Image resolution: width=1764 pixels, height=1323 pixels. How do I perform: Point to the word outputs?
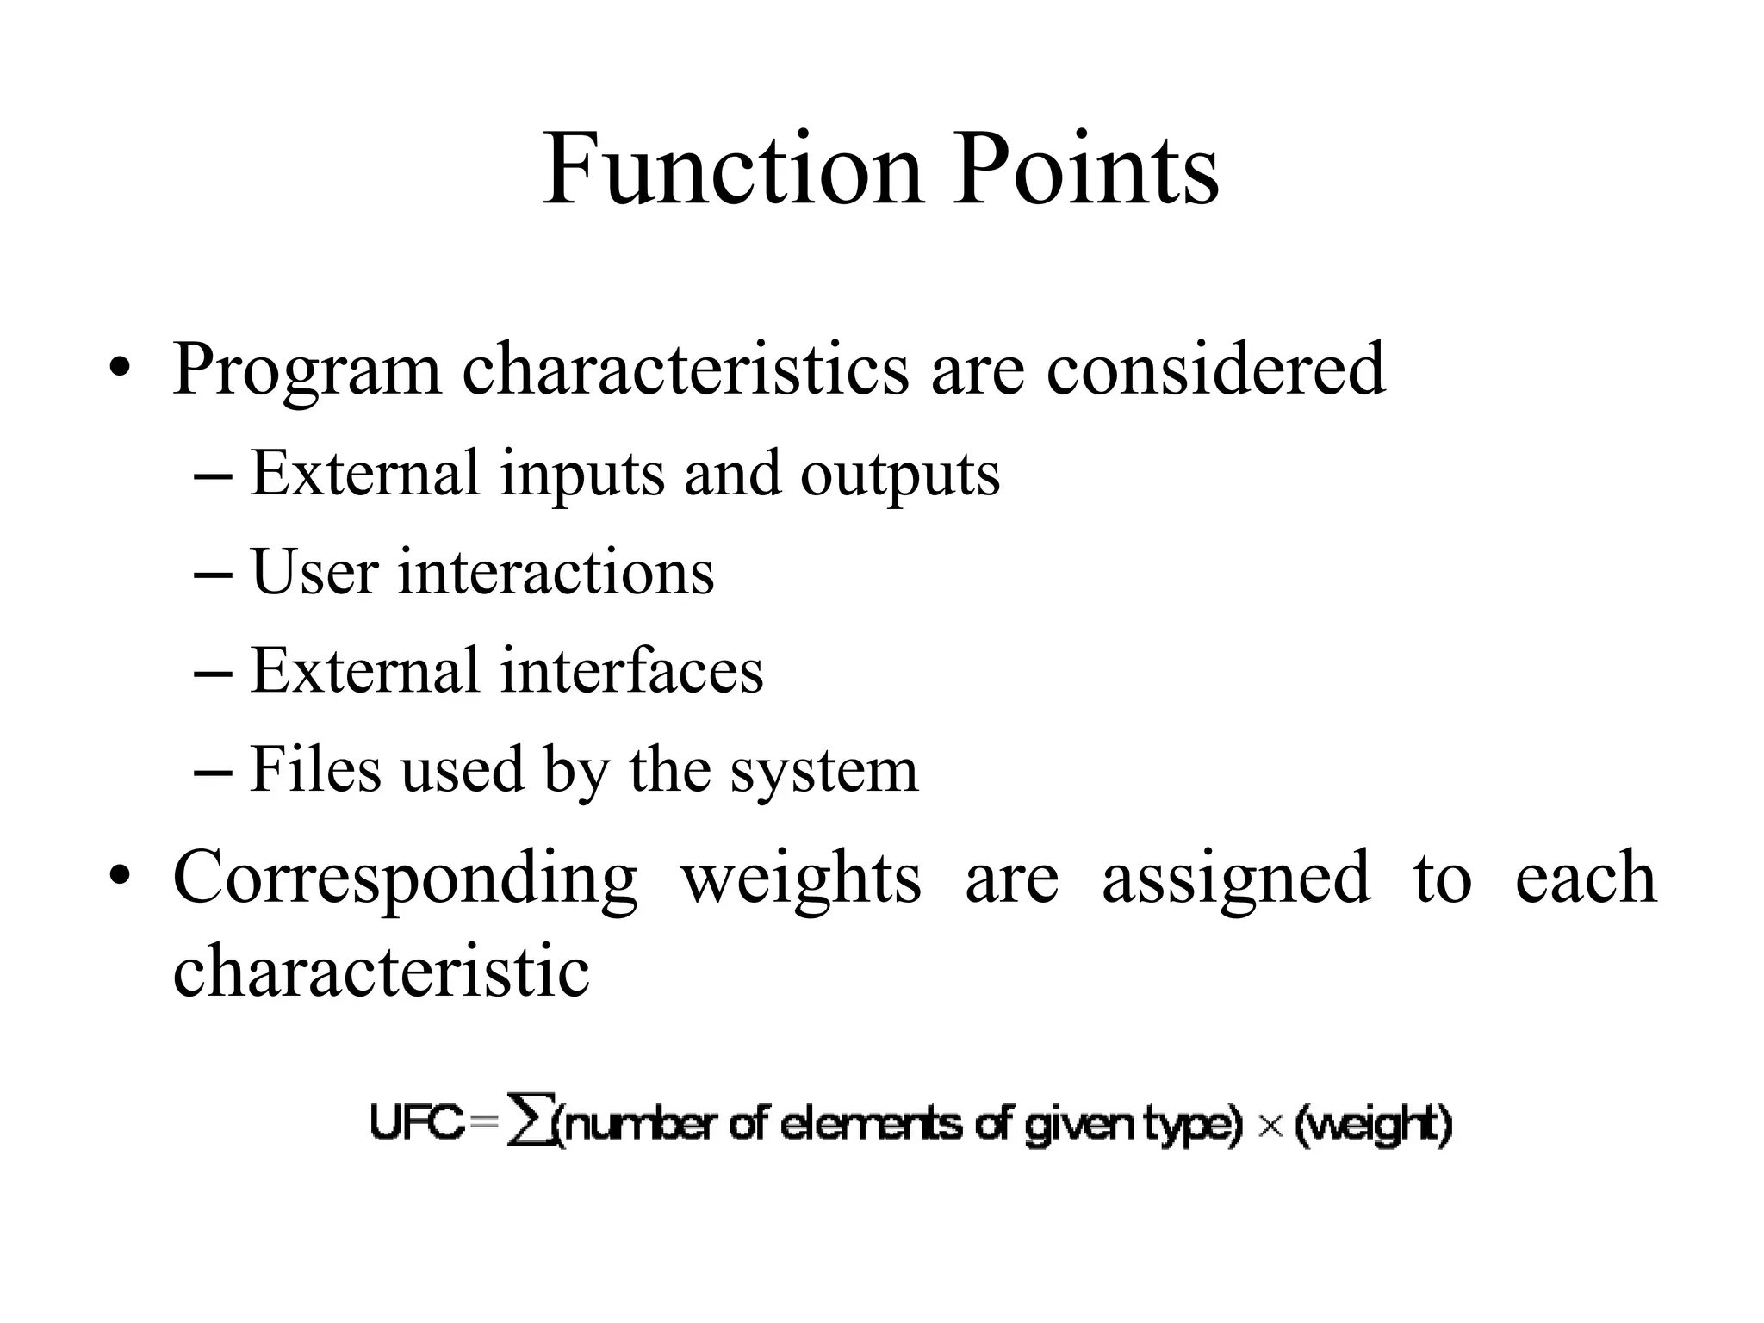tap(900, 475)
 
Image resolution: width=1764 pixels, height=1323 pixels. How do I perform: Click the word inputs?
tap(582, 475)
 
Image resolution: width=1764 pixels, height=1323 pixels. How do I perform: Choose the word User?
tap(314, 572)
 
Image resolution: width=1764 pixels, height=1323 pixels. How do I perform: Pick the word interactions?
tap(556, 572)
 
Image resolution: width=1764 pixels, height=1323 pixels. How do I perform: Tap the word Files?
tap(315, 769)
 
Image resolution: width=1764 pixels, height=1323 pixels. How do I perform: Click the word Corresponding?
tap(406, 879)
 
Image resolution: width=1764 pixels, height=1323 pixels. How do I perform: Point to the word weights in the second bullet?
tap(801, 879)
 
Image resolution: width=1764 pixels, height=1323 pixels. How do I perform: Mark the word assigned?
tap(1236, 879)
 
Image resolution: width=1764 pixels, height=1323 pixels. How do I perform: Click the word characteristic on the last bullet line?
tap(382, 971)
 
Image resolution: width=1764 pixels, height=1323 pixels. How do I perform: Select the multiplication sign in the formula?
tap(1270, 1126)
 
